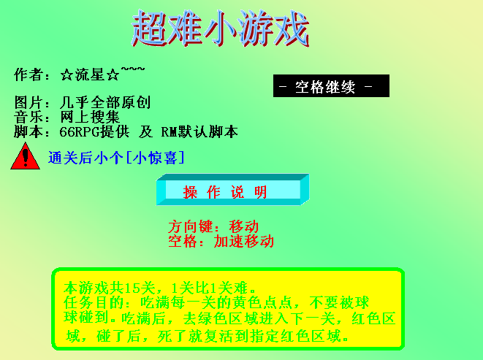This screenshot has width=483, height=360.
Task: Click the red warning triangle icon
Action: pyautogui.click(x=26, y=156)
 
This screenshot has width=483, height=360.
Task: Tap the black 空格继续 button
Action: pyautogui.click(x=331, y=86)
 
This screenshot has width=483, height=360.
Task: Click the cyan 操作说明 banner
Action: pyautogui.click(x=233, y=189)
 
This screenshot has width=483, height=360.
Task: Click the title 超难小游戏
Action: pyautogui.click(x=220, y=28)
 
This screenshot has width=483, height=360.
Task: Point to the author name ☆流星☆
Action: pyautogui.click(x=90, y=74)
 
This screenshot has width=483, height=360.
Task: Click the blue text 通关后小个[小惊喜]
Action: pyautogui.click(x=116, y=158)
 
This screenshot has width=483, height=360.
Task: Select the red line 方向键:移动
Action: pyautogui.click(x=213, y=226)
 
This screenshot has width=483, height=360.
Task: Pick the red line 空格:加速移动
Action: pyautogui.click(x=221, y=241)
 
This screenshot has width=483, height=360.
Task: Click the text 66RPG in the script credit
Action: pyautogui.click(x=80, y=132)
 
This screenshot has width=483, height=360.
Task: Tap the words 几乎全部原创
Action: pyautogui.click(x=105, y=102)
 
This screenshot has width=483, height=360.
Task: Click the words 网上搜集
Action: pyautogui.click(x=90, y=117)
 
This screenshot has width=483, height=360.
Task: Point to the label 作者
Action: pyautogui.click(x=28, y=74)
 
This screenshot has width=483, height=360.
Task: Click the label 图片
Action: pyautogui.click(x=28, y=102)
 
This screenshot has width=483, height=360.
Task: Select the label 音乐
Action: pyautogui.click(x=28, y=117)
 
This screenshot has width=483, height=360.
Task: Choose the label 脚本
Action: pyautogui.click(x=28, y=131)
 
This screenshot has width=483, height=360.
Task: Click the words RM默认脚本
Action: pyautogui.click(x=199, y=131)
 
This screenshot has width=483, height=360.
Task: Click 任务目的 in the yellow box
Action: pyautogui.click(x=94, y=303)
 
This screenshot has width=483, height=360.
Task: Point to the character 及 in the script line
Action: pyautogui.click(x=145, y=131)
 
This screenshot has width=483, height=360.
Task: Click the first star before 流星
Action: pyautogui.click(x=66, y=74)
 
